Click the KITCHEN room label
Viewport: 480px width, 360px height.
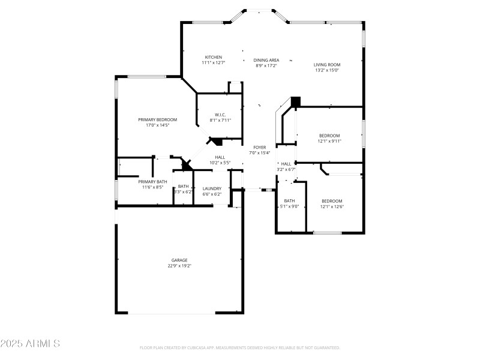(214, 57)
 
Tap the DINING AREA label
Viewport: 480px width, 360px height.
(266, 60)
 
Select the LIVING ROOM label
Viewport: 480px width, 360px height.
(327, 65)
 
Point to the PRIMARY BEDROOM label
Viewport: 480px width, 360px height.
(158, 119)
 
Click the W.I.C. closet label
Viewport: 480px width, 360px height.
(220, 115)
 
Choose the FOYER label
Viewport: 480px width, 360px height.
(259, 147)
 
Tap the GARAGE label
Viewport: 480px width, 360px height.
(179, 260)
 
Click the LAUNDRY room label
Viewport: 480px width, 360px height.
(212, 188)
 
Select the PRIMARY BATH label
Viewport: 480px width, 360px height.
(153, 182)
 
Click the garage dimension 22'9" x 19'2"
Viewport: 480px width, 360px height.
(179, 266)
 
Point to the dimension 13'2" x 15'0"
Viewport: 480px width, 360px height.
(327, 70)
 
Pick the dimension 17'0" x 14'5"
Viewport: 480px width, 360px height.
(158, 125)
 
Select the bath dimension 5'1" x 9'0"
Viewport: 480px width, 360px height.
(289, 206)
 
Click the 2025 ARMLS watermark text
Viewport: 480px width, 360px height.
(30, 344)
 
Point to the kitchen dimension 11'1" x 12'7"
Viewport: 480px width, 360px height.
(214, 62)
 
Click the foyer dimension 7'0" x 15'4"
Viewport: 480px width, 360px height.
(259, 152)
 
